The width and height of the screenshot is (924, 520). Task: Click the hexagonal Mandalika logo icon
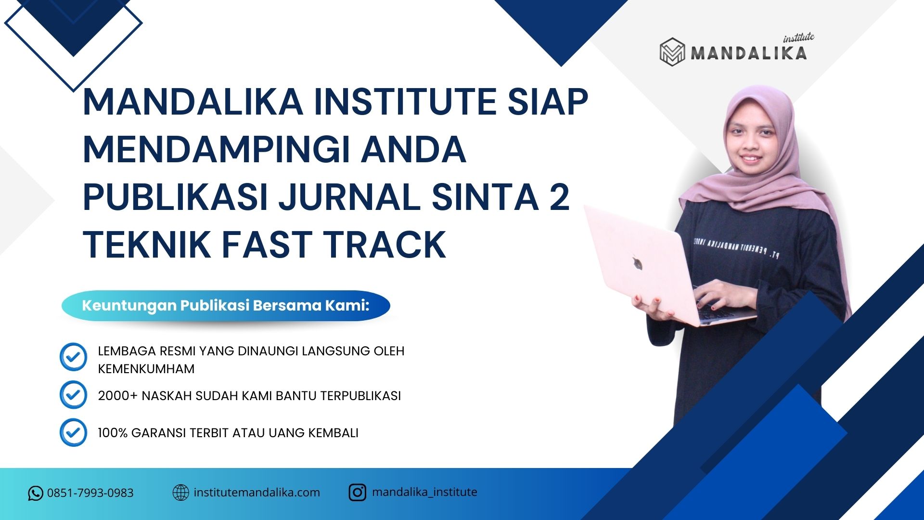point(672,52)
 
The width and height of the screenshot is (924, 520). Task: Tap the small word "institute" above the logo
point(799,38)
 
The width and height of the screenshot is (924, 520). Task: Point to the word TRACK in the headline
point(385,244)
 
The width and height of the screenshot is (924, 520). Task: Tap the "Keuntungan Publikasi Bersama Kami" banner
point(226,306)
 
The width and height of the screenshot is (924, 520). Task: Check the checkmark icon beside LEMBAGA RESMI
point(73,357)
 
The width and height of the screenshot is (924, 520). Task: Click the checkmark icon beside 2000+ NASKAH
point(73,395)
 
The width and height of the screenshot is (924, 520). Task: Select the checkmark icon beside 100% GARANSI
point(73,432)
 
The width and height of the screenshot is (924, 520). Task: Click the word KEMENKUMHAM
point(146,369)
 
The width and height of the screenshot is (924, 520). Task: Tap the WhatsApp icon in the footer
point(35,493)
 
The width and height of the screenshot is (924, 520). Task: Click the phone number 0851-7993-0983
point(90,493)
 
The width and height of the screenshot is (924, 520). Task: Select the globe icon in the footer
point(180,493)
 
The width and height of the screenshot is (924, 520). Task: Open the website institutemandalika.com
point(257,493)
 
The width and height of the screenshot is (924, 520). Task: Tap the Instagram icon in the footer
point(357,493)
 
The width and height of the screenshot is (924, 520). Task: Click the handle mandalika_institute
point(424,492)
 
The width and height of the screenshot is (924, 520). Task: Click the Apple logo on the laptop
point(638,263)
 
